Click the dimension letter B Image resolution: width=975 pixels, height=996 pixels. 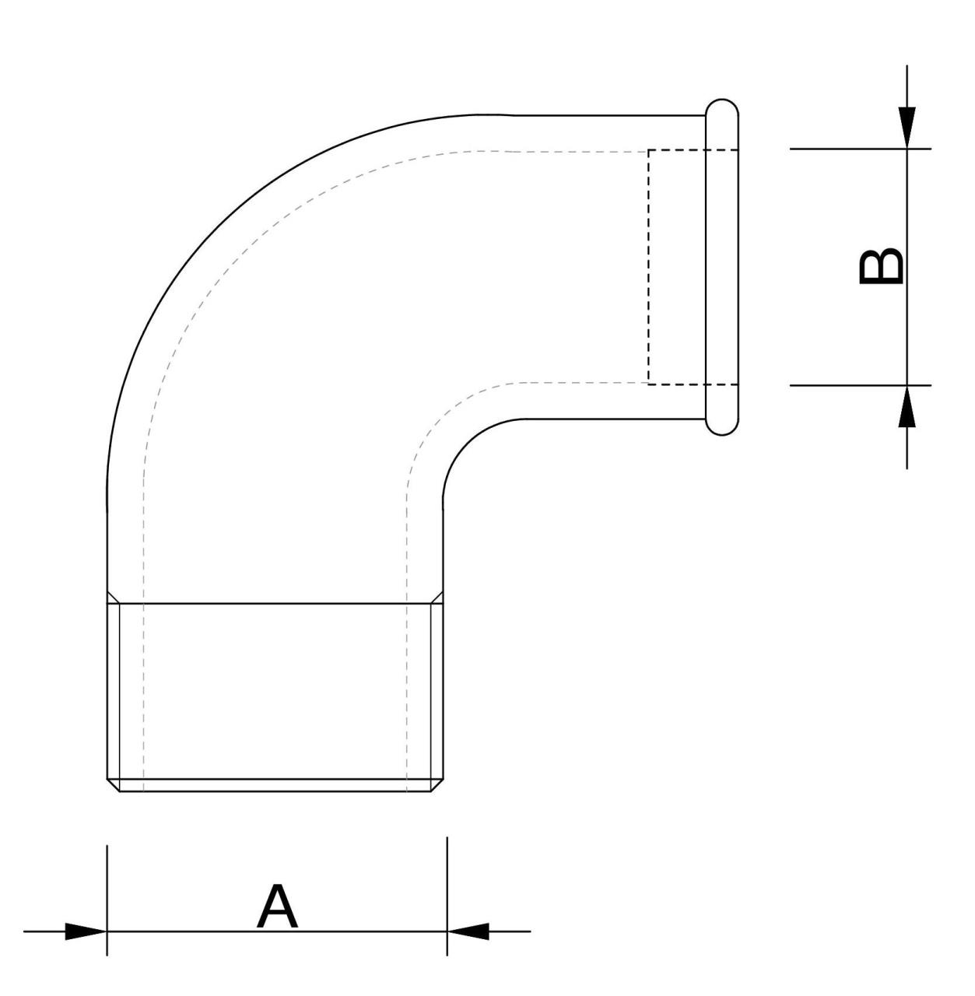pos(880,267)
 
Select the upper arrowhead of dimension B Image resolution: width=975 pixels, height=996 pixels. pos(907,128)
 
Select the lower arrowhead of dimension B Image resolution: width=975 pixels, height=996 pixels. pos(907,405)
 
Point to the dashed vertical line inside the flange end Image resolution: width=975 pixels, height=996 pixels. pos(649,267)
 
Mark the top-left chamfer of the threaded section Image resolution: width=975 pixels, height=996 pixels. pos(113,597)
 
